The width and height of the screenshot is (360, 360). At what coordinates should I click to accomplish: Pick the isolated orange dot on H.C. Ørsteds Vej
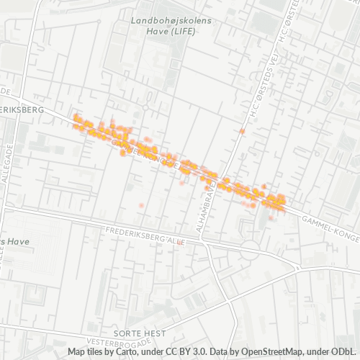pos(243,132)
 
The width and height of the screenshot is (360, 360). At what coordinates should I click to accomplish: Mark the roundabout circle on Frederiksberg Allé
pos(250,248)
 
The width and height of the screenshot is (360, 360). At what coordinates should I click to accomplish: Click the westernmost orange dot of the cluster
pos(76,116)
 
